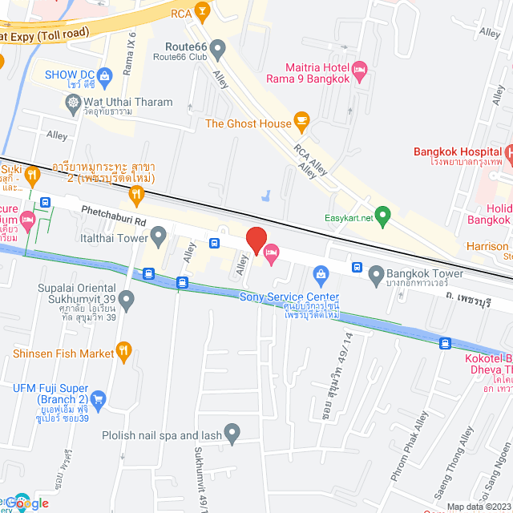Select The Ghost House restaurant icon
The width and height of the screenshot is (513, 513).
click(301, 123)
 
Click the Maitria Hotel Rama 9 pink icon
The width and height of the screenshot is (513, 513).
click(360, 73)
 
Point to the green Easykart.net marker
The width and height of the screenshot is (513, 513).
click(383, 216)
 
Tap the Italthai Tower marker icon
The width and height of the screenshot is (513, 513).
click(159, 236)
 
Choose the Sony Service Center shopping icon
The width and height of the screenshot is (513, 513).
click(321, 275)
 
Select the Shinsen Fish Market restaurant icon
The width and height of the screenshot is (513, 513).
click(123, 350)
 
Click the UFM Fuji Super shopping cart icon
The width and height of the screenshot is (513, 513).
click(99, 398)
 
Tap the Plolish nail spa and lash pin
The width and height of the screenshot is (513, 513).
click(232, 435)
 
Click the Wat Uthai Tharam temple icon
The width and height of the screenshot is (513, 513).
click(74, 102)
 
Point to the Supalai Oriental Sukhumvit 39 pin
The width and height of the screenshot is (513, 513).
click(127, 299)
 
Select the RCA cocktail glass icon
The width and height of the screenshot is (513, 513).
click(203, 13)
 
